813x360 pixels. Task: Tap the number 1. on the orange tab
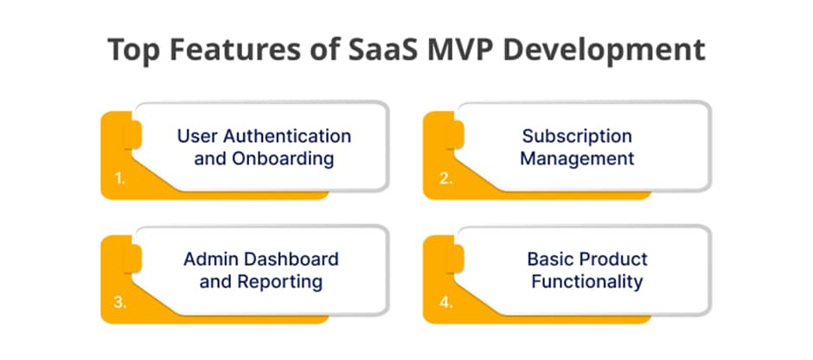[x=119, y=179]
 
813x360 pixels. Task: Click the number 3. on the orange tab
[x=119, y=303]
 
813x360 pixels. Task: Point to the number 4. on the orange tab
[x=446, y=303]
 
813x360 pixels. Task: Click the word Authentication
[x=287, y=137]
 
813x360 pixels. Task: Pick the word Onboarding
[x=283, y=158]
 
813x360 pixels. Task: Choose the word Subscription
[x=577, y=138]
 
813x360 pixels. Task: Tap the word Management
[x=577, y=158]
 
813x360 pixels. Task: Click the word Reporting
[x=280, y=283]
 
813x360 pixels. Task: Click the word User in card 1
[x=197, y=137]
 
